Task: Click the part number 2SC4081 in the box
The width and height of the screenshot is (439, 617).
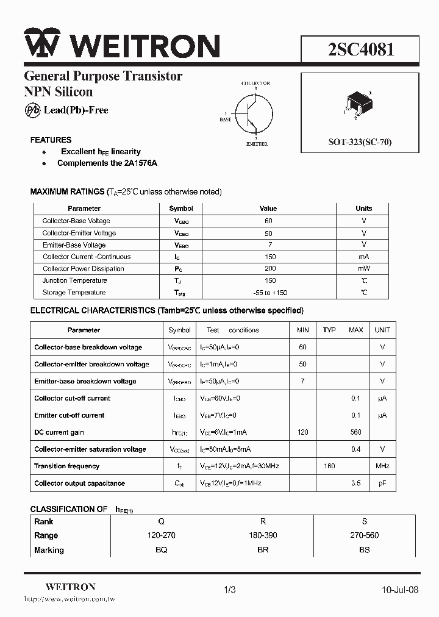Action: pyautogui.click(x=361, y=49)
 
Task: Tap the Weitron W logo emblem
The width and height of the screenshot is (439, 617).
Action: pyautogui.click(x=41, y=44)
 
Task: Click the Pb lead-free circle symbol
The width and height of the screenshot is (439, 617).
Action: pyautogui.click(x=32, y=110)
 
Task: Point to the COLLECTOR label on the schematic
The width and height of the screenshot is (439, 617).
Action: pyautogui.click(x=255, y=83)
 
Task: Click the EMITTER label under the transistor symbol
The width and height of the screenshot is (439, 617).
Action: pyautogui.click(x=256, y=144)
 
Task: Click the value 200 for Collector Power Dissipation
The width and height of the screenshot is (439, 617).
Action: pyautogui.click(x=270, y=269)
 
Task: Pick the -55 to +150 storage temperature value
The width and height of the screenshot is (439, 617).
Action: pyautogui.click(x=270, y=293)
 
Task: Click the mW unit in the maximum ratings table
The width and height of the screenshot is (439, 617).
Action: pyautogui.click(x=364, y=269)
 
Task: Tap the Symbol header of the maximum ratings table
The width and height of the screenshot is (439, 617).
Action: pyautogui.click(x=181, y=209)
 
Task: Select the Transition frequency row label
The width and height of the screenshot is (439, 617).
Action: pyautogui.click(x=66, y=466)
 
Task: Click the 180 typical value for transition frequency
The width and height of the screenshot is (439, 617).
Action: pyautogui.click(x=329, y=466)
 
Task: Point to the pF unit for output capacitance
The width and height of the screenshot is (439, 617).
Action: pyautogui.click(x=382, y=483)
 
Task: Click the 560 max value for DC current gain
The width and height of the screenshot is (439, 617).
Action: pyautogui.click(x=355, y=432)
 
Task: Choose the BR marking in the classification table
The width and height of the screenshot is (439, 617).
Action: pyautogui.click(x=263, y=550)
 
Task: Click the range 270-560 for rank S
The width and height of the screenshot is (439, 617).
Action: pyautogui.click(x=365, y=535)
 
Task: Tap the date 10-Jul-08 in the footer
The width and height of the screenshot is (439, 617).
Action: pyautogui.click(x=400, y=590)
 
